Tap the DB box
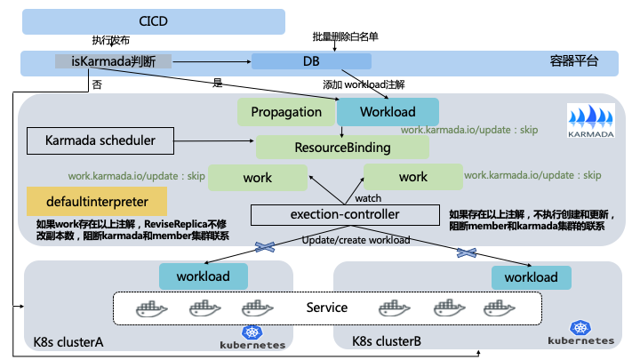coord(310,61)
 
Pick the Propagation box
coord(286,112)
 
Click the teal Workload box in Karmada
coord(388,112)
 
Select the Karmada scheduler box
coord(99,140)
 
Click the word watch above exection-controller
coord(368,197)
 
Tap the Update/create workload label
coord(356,240)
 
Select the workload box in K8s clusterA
coord(203,276)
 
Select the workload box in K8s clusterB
coord(531,277)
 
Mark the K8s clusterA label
coord(68,341)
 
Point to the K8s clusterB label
coord(388,341)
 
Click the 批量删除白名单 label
coord(345,36)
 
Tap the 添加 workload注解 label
coord(364,84)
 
